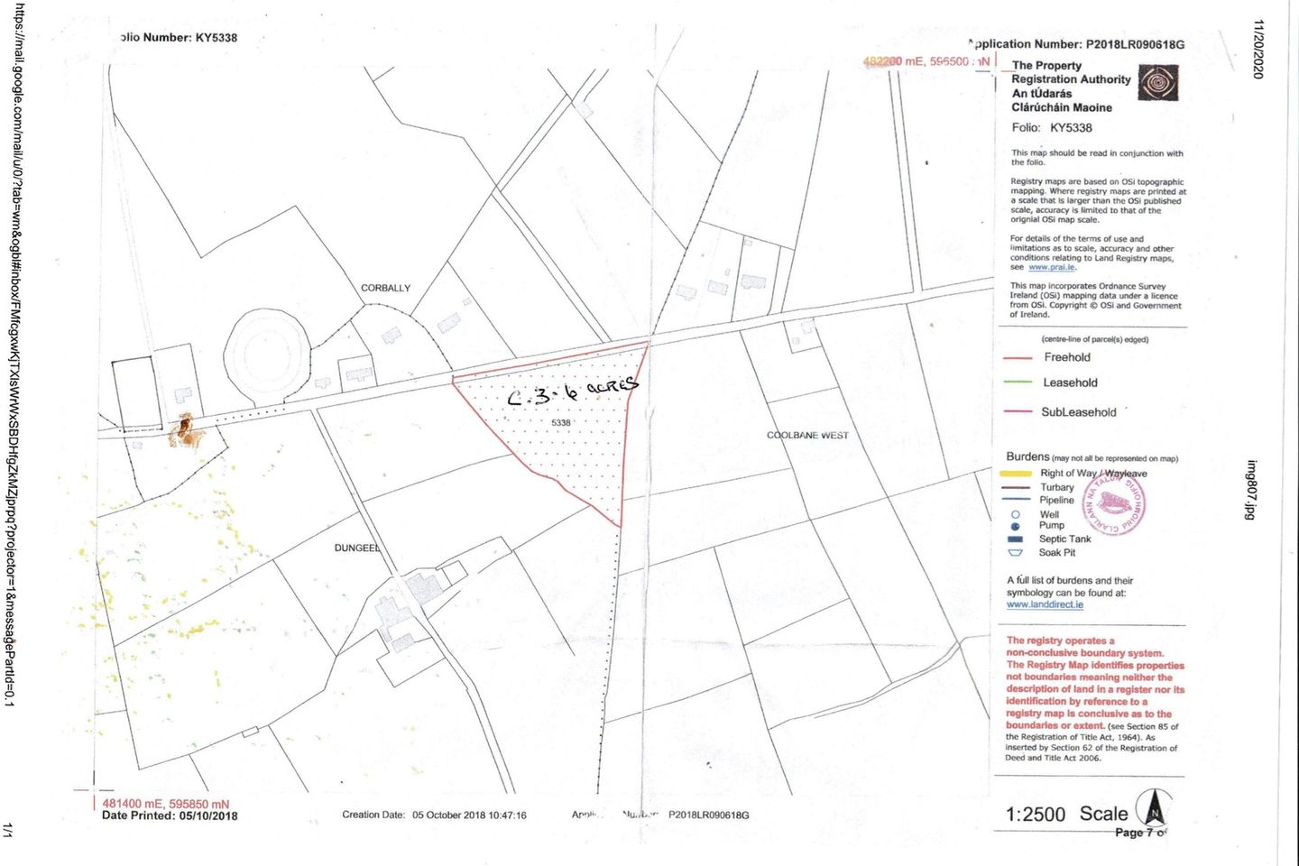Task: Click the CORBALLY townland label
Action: tap(385, 288)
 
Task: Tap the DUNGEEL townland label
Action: tap(357, 548)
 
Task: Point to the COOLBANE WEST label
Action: tap(807, 435)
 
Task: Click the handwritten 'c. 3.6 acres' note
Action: tap(572, 392)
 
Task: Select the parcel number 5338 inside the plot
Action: tap(561, 422)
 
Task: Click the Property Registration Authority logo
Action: tap(1157, 83)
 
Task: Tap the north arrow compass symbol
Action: tap(1153, 807)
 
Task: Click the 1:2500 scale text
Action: tap(1036, 815)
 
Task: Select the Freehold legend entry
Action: tap(1067, 357)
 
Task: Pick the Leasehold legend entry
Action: tap(1070, 382)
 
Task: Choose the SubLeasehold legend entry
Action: tap(1078, 412)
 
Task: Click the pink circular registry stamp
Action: tap(1116, 502)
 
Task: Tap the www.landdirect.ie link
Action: tap(1045, 604)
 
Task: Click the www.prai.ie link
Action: tap(1051, 267)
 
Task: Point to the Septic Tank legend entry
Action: tap(1064, 539)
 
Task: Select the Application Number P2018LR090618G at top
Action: tap(1077, 44)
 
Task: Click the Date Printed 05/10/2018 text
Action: tap(170, 815)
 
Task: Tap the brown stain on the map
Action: tap(187, 432)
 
